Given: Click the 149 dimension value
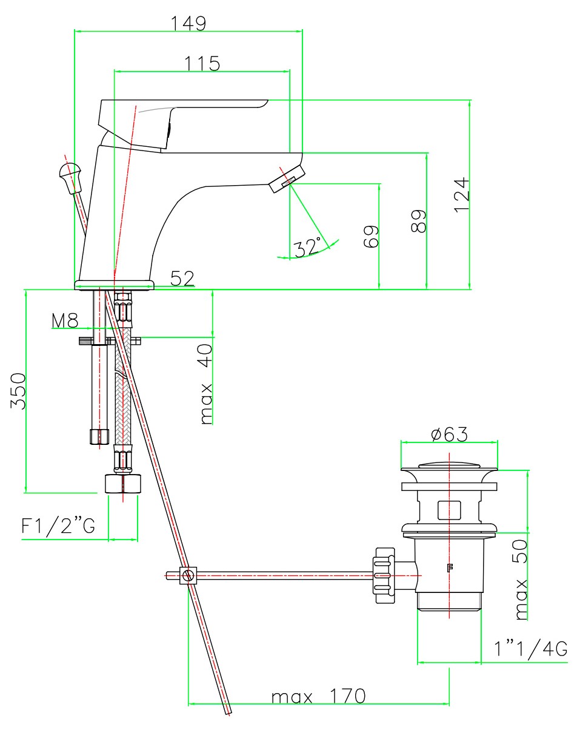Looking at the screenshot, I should [188, 23].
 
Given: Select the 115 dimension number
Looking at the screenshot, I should [202, 63].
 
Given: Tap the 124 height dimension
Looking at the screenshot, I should [462, 194].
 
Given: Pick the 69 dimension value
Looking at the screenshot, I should [371, 236].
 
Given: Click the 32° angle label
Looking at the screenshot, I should [308, 247].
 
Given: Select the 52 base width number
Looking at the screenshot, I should [182, 279].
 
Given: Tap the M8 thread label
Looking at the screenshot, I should [65, 321].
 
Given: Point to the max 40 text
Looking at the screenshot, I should [206, 384].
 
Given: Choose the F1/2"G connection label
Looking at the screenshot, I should [58, 526].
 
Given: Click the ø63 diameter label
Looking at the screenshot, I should [449, 435].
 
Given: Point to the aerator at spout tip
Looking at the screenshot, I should [285, 179].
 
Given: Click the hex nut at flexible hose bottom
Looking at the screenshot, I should [123, 484].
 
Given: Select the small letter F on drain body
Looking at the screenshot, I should [450, 569].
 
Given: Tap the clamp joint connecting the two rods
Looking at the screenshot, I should [188, 575].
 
